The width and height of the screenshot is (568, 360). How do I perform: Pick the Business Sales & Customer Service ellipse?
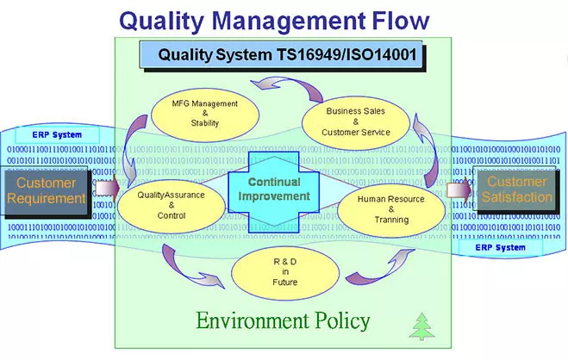coord(356,121)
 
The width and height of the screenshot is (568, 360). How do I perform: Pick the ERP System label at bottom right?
coord(499,248)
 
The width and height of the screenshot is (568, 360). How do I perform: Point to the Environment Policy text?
coord(283,321)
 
